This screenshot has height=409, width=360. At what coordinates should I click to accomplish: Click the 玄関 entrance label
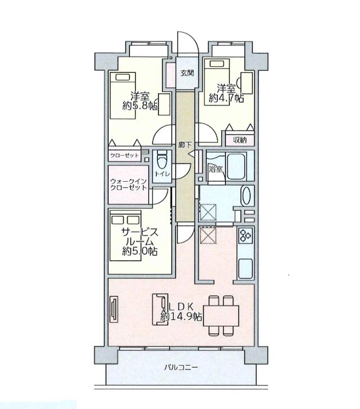(187, 73)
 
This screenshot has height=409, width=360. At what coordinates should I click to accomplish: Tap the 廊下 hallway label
(185, 145)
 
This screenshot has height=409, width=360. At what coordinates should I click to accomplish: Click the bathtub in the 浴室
(237, 167)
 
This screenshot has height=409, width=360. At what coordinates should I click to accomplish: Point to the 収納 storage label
(240, 140)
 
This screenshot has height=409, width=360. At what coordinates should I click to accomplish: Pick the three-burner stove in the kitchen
(245, 235)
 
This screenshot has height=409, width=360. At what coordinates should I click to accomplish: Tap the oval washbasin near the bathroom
(246, 196)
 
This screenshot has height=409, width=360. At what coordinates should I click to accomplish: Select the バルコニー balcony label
(181, 368)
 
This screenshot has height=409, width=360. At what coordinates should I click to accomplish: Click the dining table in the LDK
(221, 316)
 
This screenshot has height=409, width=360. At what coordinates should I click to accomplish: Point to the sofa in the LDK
(160, 309)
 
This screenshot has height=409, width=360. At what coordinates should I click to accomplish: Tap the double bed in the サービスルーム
(125, 235)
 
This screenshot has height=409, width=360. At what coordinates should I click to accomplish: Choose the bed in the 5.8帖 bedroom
(123, 96)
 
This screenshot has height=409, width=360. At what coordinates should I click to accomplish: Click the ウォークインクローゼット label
(128, 185)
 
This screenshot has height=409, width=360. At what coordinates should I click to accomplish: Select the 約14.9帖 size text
(181, 316)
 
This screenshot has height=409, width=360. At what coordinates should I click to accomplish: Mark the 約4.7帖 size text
(227, 98)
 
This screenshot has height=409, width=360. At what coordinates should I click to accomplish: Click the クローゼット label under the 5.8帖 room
(125, 156)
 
